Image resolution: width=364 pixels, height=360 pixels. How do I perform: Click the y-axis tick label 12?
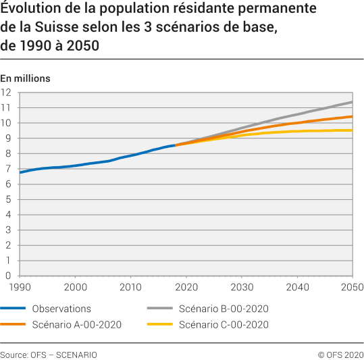tap(7, 93)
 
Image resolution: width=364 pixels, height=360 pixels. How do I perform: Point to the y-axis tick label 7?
tap(9, 169)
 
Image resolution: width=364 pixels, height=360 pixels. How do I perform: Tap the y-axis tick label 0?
tap(9, 276)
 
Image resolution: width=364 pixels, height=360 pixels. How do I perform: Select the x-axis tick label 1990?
tap(20, 287)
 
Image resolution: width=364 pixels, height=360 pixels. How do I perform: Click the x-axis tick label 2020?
tap(186, 287)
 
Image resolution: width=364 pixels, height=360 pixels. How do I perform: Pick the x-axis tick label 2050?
tap(350, 287)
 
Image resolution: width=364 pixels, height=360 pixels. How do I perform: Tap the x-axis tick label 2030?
tap(241, 287)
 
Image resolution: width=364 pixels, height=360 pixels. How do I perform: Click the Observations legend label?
tap(61, 309)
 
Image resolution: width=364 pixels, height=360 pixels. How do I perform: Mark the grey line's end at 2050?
tap(352, 102)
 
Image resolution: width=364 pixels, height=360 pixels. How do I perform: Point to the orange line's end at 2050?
tap(352, 117)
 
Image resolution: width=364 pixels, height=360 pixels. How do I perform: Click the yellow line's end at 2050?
tap(352, 130)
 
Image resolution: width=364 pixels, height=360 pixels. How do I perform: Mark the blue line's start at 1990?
tap(20, 172)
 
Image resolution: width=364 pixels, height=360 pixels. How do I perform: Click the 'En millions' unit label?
tap(26, 78)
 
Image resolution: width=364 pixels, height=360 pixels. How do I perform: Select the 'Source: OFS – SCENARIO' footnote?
tap(49, 355)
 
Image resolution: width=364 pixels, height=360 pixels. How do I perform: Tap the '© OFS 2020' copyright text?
tap(340, 355)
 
